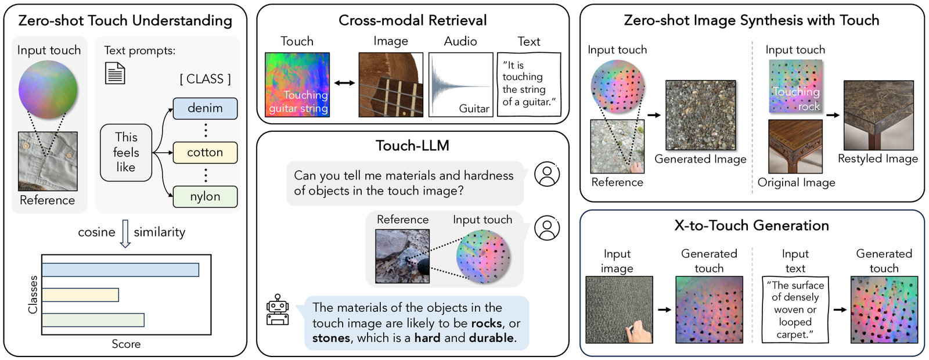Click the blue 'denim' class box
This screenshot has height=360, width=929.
tap(206, 108)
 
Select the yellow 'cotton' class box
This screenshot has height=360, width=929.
tap(206, 153)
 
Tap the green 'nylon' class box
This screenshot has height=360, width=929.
tap(206, 197)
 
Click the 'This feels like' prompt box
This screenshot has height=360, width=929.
tap(126, 152)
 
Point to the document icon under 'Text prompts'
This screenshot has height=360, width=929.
tap(115, 73)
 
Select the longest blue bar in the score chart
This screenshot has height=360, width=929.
tap(120, 269)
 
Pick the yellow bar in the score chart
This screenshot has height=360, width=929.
tap(81, 295)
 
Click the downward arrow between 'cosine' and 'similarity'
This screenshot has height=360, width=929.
tap(125, 233)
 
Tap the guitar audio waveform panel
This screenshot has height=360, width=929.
tap(461, 85)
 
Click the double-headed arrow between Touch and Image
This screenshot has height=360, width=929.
tap(345, 83)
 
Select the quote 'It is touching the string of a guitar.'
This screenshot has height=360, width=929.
tap(529, 84)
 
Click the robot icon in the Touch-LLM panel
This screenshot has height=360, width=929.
tap(278, 310)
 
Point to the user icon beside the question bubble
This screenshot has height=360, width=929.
tap(547, 174)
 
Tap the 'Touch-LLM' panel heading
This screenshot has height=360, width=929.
tap(412, 146)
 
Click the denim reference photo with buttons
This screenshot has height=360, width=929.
tap(48, 161)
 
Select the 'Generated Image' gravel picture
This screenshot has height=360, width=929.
tap(701, 116)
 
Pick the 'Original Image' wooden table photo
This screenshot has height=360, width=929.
tap(795, 146)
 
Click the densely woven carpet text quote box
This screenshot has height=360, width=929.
tap(795, 310)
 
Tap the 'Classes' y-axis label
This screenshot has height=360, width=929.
tap(33, 294)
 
